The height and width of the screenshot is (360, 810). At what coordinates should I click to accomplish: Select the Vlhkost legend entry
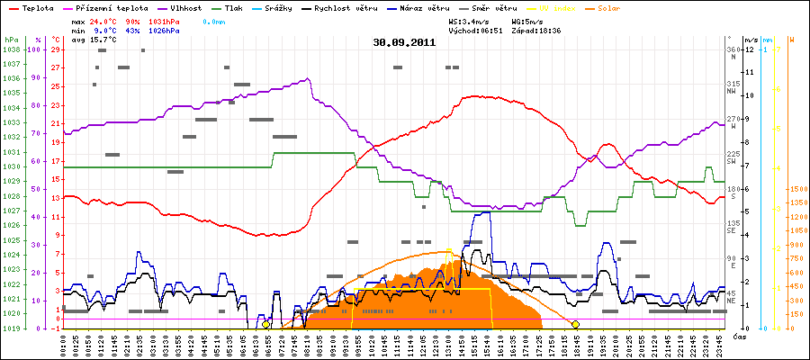pos(185,7)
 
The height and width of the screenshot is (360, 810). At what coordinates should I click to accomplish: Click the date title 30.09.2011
pos(404,41)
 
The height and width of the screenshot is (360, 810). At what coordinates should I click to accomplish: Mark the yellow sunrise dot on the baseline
pos(265,324)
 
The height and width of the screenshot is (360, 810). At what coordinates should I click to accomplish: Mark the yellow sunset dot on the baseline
pos(575,324)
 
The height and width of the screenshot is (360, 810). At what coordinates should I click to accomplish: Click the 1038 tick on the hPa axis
pos(11,49)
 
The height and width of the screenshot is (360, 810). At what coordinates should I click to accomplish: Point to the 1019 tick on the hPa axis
pos(11,328)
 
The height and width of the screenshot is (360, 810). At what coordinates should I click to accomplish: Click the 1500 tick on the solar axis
pos(797,190)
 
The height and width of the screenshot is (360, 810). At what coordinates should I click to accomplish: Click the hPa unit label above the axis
pos(11,40)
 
